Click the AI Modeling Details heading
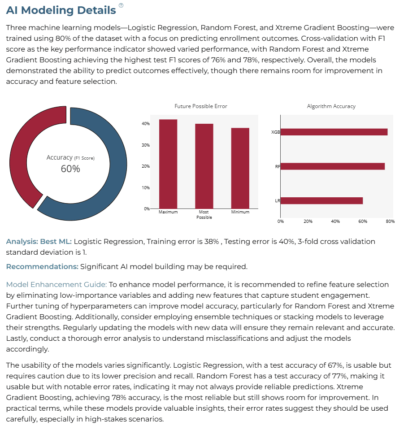click(x=61, y=10)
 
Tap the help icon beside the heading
click(x=121, y=5)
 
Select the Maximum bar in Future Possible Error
click(x=168, y=164)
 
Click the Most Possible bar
click(x=204, y=166)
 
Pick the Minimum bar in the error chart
click(x=240, y=169)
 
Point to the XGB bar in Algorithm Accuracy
click(x=334, y=132)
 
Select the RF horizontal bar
click(x=333, y=166)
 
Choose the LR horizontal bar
click(x=321, y=201)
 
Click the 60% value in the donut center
click(x=70, y=169)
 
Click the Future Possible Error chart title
click(x=201, y=106)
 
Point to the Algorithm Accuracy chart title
click(x=331, y=106)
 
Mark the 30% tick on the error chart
click(x=146, y=145)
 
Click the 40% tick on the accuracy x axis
click(x=335, y=222)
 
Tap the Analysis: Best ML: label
click(x=39, y=242)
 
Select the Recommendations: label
click(x=42, y=266)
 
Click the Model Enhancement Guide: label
click(x=56, y=284)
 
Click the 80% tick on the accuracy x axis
click(x=390, y=222)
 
